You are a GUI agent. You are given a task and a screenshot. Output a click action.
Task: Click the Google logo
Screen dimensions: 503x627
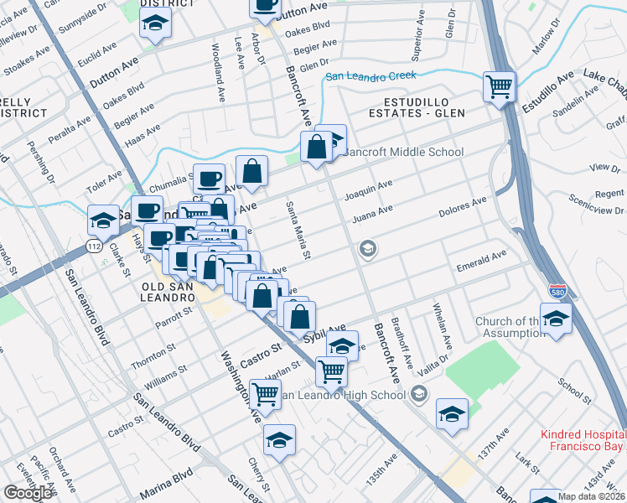pyautogui.click(x=28, y=493)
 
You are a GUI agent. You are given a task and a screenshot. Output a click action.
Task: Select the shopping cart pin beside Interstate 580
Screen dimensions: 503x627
pyautogui.click(x=500, y=86)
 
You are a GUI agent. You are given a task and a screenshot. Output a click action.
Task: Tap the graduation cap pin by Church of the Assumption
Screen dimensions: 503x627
pyautogui.click(x=555, y=319)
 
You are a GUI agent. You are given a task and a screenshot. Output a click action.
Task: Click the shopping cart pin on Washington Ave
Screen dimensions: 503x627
pyautogui.click(x=266, y=392)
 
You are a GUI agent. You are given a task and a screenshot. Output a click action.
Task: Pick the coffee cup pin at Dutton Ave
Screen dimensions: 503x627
pyautogui.click(x=266, y=5)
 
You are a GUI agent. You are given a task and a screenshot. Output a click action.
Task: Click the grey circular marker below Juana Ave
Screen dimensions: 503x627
pyautogui.click(x=367, y=248)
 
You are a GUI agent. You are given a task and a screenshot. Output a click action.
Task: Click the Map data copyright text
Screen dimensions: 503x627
pyautogui.click(x=592, y=496)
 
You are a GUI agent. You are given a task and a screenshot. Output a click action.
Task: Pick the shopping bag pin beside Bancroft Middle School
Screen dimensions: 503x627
pyautogui.click(x=317, y=147)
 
